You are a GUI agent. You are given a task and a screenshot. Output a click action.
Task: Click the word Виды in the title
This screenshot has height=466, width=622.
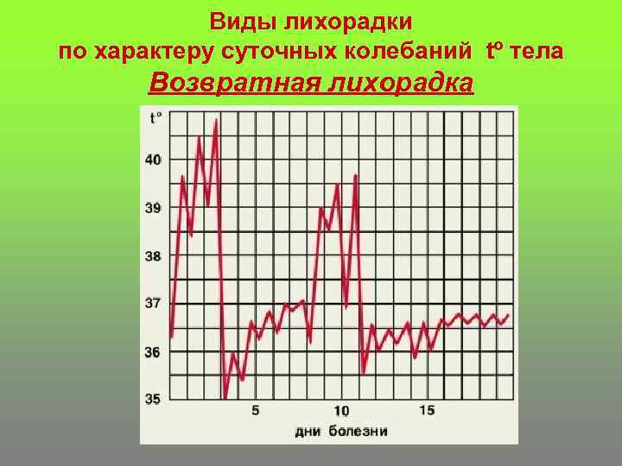pos(240,20)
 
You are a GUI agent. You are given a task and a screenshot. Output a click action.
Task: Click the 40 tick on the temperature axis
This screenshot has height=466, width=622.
pos(153,160)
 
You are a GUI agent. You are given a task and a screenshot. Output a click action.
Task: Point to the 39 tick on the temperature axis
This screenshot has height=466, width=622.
pos(153,208)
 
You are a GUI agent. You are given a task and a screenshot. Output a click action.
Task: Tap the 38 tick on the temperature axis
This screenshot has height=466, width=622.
pos(153,256)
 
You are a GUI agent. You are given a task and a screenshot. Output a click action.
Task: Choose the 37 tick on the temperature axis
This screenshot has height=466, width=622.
pos(153,304)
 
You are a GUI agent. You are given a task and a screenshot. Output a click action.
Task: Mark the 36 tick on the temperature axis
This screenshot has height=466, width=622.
pos(153,352)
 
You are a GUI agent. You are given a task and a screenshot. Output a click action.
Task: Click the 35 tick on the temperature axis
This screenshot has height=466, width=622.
pos(153,399)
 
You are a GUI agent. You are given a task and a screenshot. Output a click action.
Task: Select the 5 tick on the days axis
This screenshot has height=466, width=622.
pos(255,411)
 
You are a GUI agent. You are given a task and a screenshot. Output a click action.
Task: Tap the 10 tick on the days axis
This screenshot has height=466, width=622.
pos(341,411)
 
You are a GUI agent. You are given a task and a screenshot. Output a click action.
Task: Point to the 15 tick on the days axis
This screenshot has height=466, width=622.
pos(427,411)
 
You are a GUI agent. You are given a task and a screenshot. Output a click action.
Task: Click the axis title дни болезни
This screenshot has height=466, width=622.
pos(341,431)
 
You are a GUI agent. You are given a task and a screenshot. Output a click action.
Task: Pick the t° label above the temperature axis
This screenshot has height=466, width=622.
pos(155,118)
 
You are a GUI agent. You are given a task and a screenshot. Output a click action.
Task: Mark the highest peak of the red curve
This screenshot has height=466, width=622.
pos(215,120)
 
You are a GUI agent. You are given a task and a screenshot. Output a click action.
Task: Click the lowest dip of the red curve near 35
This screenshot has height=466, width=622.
pos(225,398)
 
